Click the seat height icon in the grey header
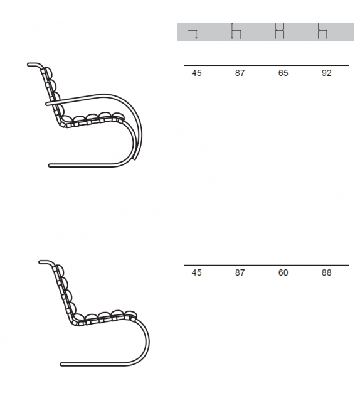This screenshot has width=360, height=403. coord(193,31)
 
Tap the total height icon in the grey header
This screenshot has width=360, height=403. coord(236,31)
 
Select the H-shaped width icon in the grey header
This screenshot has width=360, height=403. coord(279,31)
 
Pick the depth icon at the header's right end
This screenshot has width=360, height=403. coord(322,31)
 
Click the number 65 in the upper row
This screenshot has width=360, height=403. coord(283,73)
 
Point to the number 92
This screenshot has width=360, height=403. coord(327,73)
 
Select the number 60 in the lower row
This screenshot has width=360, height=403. coord(283,272)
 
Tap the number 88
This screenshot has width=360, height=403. coord(327,272)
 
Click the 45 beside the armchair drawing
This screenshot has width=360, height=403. coord(197,73)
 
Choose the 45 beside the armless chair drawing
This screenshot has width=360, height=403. coord(197,272)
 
